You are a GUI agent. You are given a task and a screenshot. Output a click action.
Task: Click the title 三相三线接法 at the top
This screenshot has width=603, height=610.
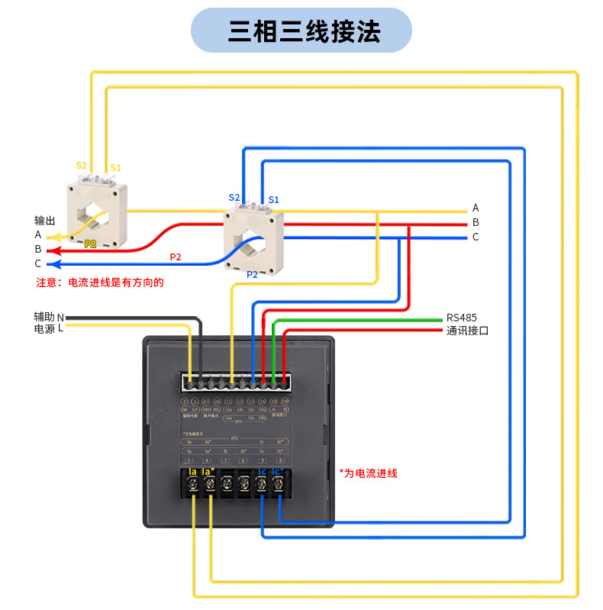tap(301, 31)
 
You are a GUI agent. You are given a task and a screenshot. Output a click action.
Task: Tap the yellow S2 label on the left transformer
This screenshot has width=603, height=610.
tap(82, 166)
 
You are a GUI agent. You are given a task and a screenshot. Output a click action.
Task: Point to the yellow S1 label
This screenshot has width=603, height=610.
tap(115, 168)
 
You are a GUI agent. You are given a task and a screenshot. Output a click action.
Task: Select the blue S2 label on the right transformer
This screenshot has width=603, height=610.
tap(234, 198)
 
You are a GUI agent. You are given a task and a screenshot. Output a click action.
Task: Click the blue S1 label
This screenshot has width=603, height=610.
tap(273, 200)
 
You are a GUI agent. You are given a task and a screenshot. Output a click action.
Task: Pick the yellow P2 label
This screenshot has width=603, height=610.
tap(90, 244)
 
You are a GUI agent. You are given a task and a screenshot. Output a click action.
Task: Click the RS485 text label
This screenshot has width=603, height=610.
tap(462, 318)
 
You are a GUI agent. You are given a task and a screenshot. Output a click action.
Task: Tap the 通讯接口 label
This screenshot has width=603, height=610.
tap(467, 331)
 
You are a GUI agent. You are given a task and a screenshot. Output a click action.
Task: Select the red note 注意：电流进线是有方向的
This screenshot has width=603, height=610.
tap(100, 282)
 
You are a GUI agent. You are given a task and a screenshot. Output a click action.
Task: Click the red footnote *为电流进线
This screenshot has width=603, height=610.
tap(369, 473)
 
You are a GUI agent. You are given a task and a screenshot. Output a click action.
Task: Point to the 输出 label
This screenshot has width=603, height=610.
tap(45, 221)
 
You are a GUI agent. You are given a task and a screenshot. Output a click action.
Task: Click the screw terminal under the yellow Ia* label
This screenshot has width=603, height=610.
tap(209, 484)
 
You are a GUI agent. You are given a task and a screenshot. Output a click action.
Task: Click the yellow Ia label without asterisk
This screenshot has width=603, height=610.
tap(192, 473)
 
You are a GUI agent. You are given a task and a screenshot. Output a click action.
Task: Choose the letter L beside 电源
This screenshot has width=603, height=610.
tap(60, 328)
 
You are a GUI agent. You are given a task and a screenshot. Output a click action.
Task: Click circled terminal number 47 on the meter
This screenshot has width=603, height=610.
tap(206, 402)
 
